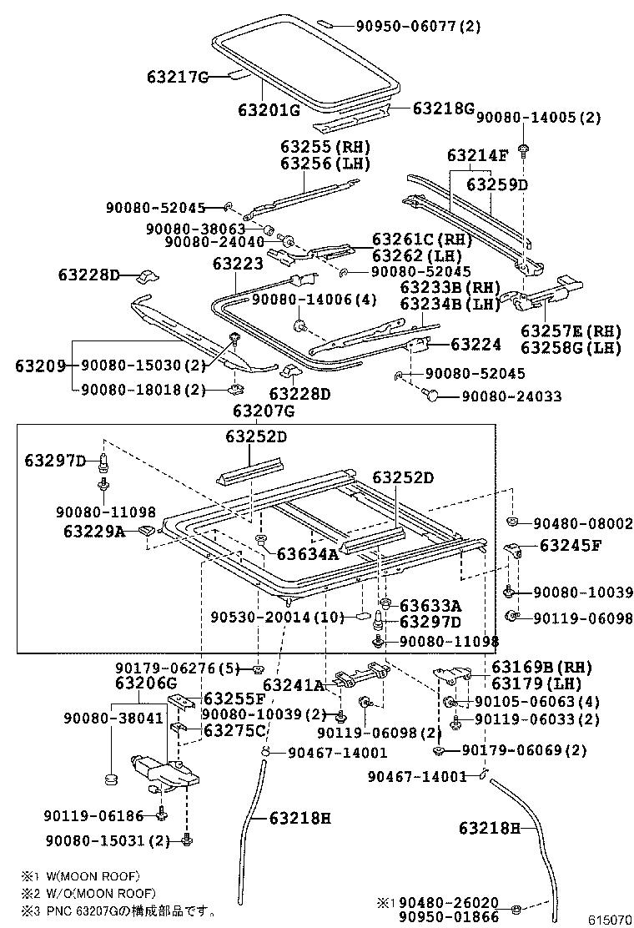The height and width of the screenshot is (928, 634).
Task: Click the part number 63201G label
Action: click(x=268, y=109)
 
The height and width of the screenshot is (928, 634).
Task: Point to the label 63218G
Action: click(x=443, y=108)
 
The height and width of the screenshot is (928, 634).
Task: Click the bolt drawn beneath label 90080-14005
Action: click(x=523, y=151)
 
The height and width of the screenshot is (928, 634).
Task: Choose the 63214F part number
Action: click(x=477, y=155)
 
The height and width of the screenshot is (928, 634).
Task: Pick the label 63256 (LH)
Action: click(x=325, y=164)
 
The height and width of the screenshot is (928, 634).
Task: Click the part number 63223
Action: click(x=238, y=264)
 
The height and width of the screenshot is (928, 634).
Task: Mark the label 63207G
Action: click(x=264, y=410)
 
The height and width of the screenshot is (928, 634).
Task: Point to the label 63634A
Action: click(x=308, y=552)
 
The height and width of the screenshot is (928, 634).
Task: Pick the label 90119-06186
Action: click(x=96, y=815)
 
